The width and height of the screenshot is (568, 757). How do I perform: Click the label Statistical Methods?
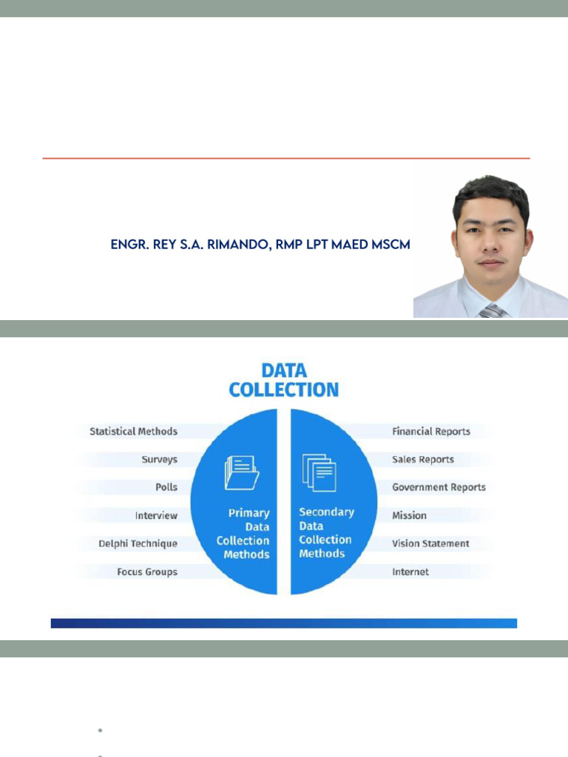coord(133,431)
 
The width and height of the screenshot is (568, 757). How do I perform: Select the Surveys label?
coord(160,460)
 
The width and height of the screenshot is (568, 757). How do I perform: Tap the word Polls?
coord(166,487)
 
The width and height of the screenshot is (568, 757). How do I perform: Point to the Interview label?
coord(157,515)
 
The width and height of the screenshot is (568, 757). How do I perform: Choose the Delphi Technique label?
coord(138,543)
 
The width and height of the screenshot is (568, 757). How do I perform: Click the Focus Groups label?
coord(147,572)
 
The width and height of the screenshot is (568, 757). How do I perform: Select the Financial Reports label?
coord(431,431)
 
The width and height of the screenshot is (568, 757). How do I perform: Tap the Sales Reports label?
coord(423,460)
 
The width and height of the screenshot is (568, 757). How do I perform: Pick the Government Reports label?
coord(439,487)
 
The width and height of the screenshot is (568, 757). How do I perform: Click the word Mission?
coord(409,515)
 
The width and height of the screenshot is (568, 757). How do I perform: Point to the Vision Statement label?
coord(431,543)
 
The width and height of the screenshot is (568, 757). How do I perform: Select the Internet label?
coord(410,572)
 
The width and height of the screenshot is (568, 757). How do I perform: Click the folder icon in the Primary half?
coord(242,472)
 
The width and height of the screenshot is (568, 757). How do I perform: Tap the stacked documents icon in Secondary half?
coord(319,472)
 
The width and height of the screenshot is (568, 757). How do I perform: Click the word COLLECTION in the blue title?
coord(284,390)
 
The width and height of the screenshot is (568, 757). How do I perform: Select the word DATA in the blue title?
coord(284,371)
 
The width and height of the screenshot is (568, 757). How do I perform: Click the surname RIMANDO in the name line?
coord(239,245)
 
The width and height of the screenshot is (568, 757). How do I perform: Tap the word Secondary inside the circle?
coord(326,512)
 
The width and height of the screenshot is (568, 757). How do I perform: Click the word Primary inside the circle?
coord(249,513)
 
